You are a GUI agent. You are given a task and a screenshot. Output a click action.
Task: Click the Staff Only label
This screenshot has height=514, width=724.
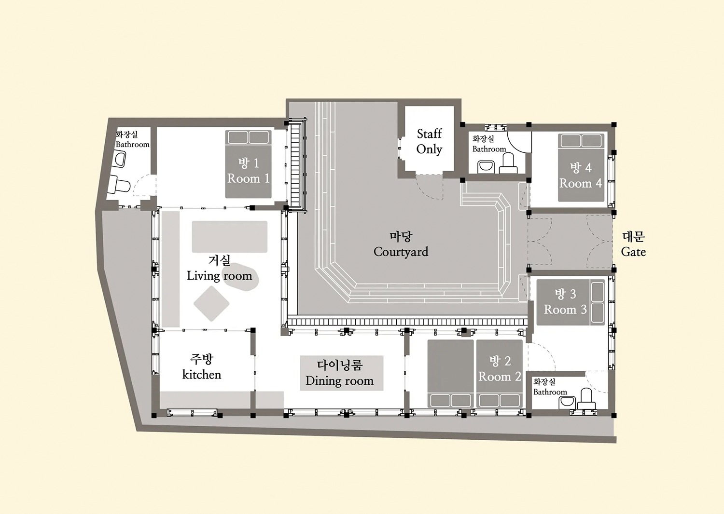pos(429,141)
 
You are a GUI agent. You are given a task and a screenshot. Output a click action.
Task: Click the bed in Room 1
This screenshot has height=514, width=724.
pos(248,164)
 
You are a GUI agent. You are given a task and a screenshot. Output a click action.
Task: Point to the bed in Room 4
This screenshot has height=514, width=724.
pos(581,168)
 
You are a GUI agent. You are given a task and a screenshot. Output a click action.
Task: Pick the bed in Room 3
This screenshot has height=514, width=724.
pos(571,302)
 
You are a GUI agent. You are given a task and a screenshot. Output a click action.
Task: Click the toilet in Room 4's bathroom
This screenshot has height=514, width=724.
pos(508,163)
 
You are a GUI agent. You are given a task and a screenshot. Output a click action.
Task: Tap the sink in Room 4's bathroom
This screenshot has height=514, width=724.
pos(486,167)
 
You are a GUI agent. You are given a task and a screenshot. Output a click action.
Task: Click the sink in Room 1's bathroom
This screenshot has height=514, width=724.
pos(119,159)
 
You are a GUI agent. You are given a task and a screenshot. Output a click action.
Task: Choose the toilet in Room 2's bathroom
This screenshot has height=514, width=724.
pos(586,399)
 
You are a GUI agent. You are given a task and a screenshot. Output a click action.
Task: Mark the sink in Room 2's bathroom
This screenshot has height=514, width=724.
pos(567,402)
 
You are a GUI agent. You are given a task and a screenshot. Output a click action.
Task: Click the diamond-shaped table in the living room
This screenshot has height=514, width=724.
pos(211,304)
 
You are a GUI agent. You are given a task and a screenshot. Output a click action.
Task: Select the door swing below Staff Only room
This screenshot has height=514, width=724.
pos(430,187)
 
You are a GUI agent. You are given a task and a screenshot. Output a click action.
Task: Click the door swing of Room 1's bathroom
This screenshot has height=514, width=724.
pos(144,185)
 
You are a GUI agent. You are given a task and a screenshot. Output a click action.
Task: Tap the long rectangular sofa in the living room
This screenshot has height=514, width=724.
pos(229,237)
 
